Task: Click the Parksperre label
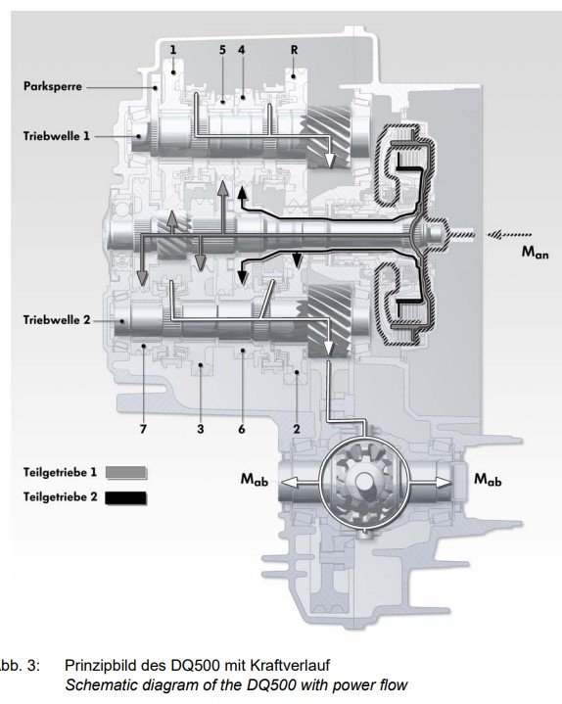[53, 86]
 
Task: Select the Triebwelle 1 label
[57, 135]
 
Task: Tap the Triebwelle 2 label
[57, 320]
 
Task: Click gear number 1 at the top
[173, 50]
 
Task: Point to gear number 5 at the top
[222, 50]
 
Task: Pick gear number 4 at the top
[242, 50]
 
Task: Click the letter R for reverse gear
[294, 50]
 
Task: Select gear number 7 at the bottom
[143, 429]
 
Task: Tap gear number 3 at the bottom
[200, 429]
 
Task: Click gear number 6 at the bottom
[242, 429]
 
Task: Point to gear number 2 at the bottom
[297, 429]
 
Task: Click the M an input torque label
[535, 253]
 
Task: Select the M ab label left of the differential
[255, 480]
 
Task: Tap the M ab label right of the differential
[488, 480]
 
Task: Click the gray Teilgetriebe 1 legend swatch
[126, 473]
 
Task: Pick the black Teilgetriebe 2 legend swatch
[126, 498]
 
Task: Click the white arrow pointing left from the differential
[300, 483]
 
